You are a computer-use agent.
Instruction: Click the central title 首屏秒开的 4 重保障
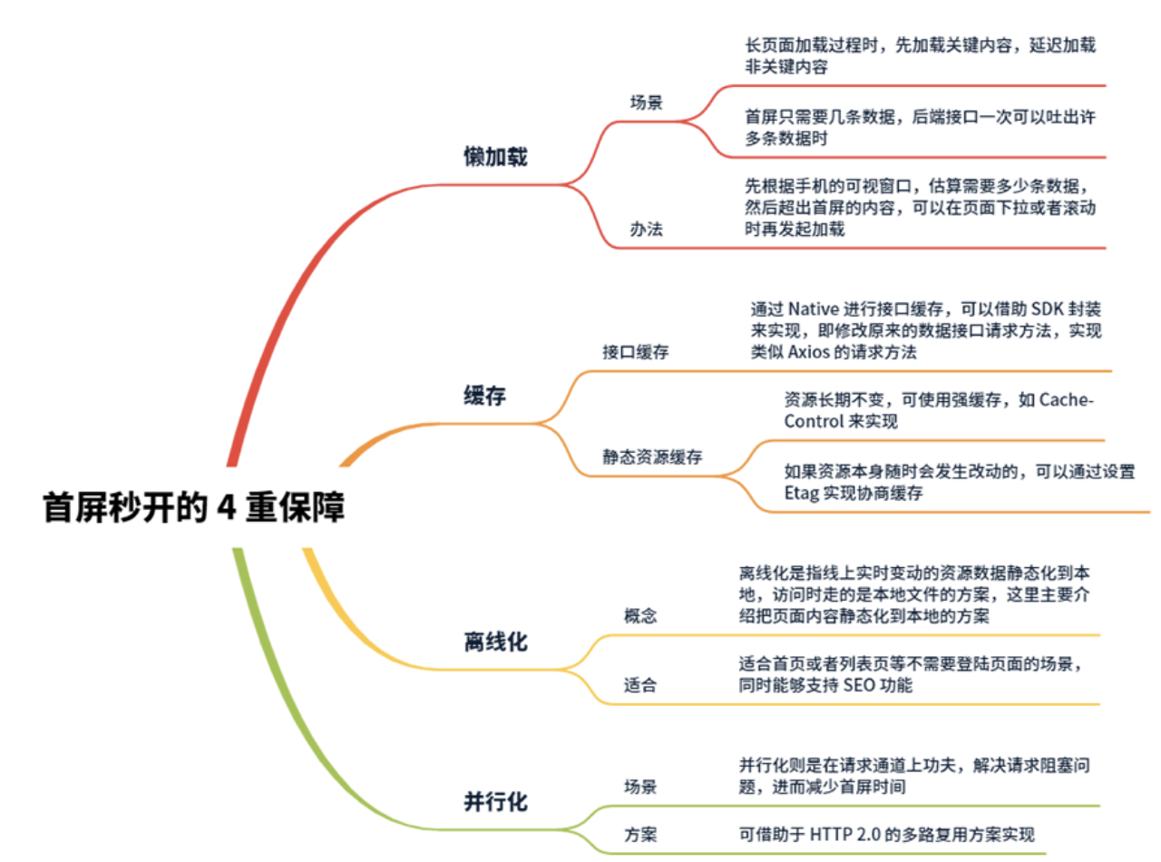click(x=194, y=508)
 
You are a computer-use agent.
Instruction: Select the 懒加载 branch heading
click(x=494, y=157)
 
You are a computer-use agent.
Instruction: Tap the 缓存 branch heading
click(x=484, y=396)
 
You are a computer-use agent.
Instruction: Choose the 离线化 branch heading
click(x=494, y=642)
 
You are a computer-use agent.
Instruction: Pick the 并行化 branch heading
click(x=495, y=802)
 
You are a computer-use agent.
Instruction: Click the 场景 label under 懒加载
click(x=647, y=102)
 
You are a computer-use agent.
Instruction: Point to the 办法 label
click(x=647, y=229)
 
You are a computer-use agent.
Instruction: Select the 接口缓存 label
click(x=636, y=352)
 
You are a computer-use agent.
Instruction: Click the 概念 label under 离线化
click(x=640, y=616)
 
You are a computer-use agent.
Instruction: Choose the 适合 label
click(x=640, y=686)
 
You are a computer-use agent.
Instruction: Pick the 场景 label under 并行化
click(x=640, y=786)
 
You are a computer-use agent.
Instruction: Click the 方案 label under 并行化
click(x=640, y=835)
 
